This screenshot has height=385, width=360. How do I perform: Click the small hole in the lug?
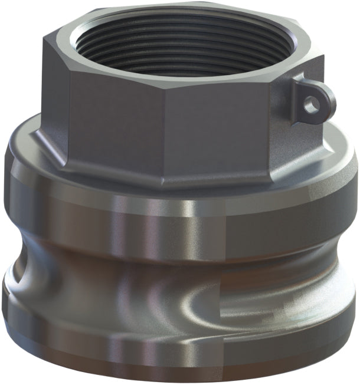tap(312, 104)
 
